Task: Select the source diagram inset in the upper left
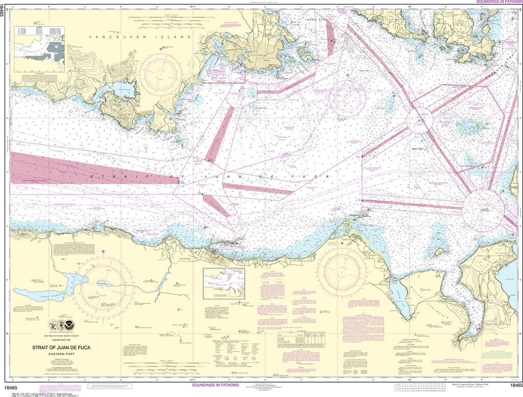click(x=39, y=49)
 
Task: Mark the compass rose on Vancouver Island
click(x=160, y=75)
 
